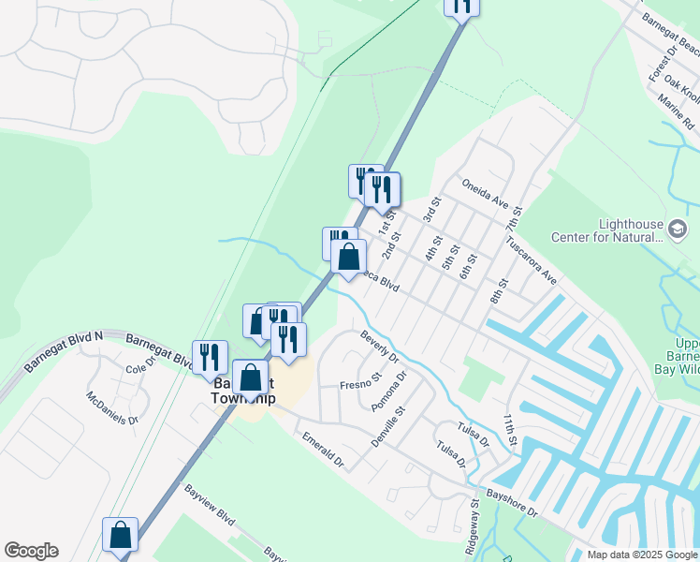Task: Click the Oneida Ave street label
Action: [x=484, y=193]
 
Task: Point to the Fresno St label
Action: [x=360, y=384]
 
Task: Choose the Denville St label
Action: [x=386, y=424]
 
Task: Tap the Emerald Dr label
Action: [x=322, y=451]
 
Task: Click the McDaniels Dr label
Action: [x=112, y=407]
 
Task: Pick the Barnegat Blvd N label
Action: [x=65, y=349]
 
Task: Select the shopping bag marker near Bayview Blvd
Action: [x=120, y=535]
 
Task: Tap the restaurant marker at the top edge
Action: [x=461, y=5]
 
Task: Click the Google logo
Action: [x=31, y=551]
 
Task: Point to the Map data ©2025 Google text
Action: [x=641, y=555]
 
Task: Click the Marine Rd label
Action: [x=675, y=111]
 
